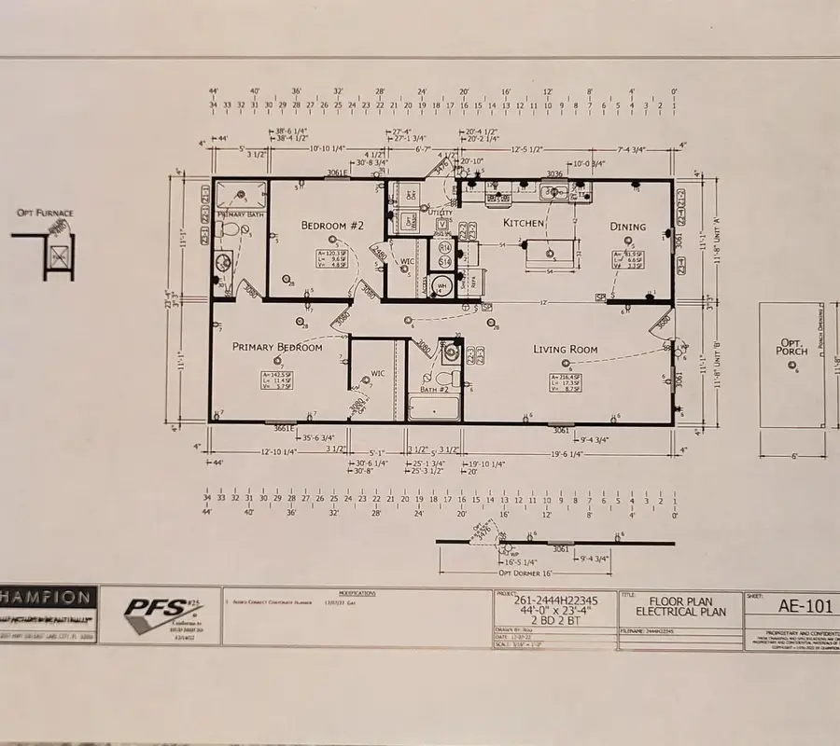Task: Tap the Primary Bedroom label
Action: coord(276,347)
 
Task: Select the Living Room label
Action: coord(565,350)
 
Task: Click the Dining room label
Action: coord(628,227)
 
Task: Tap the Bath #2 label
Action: coord(433,390)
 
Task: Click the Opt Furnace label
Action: coord(45,214)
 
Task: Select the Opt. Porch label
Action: coord(791,347)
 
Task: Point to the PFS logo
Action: coord(159,614)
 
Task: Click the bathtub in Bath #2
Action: coord(434,408)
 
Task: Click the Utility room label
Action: coord(441,214)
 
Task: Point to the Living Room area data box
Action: coord(567,382)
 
